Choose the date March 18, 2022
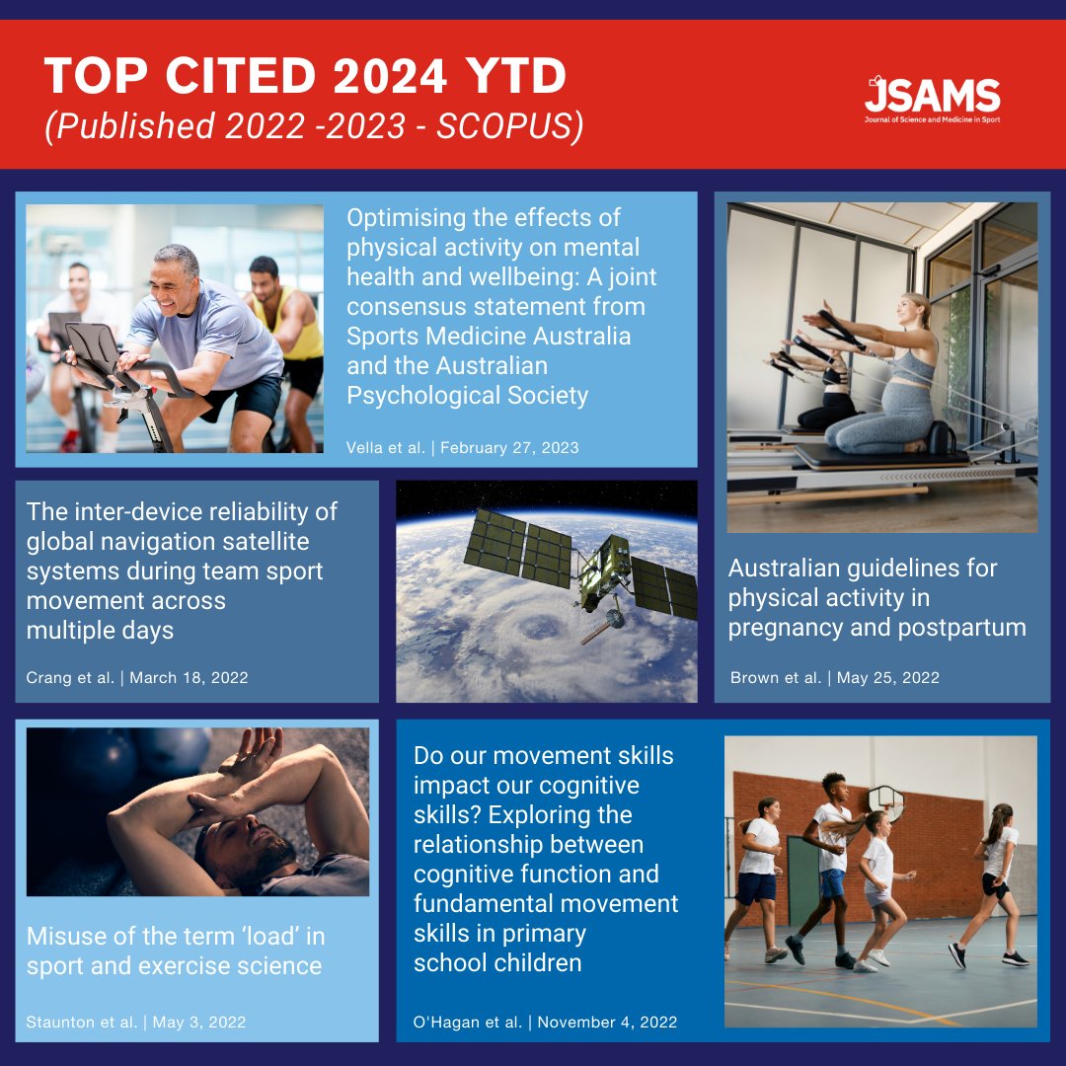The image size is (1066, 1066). point(189,678)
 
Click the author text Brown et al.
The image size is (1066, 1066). point(775,678)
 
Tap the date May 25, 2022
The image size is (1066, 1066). point(888,678)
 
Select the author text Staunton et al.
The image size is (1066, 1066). point(82,1022)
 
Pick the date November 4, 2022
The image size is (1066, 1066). point(607,1022)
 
